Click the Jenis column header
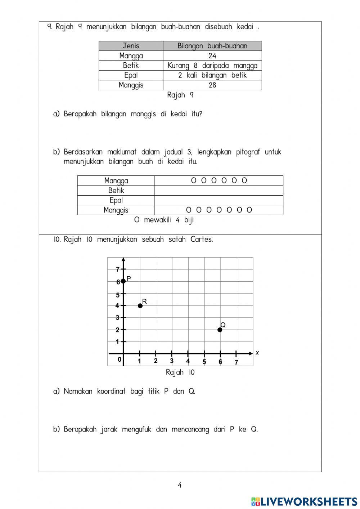tap(131, 46)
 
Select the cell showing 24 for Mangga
tap(212, 56)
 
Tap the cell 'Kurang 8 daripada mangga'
tap(212, 66)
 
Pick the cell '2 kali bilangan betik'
tap(212, 75)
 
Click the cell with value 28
tap(212, 85)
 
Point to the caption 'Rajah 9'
tap(180, 95)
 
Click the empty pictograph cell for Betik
tap(219, 191)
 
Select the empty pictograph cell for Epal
tap(219, 200)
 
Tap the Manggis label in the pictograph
tap(116, 210)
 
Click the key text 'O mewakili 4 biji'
tap(164, 220)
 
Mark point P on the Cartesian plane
tap(123, 281)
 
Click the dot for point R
tap(140, 305)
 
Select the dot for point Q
tap(220, 330)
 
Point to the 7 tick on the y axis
tap(118, 269)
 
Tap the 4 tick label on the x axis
tap(188, 361)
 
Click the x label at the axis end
tap(257, 353)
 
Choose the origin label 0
tap(120, 360)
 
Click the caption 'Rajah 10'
tap(180, 372)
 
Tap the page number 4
tap(180, 485)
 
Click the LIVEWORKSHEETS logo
tap(304, 501)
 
